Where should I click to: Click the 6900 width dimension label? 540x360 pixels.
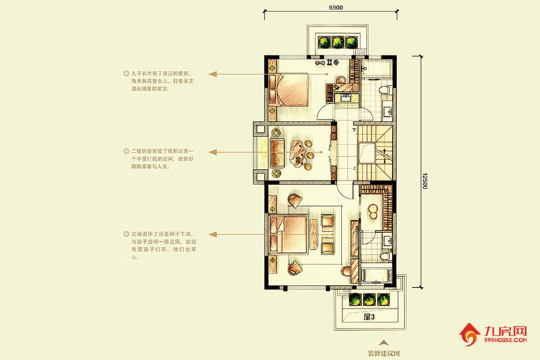pos(336,7)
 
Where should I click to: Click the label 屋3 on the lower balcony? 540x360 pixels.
pos(369,316)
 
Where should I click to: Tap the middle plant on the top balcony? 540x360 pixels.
pos(337,42)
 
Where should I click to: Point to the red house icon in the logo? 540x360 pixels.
pos(468,334)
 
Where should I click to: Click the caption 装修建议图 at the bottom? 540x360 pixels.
pos(384,353)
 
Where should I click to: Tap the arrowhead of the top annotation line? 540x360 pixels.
pos(211,73)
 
